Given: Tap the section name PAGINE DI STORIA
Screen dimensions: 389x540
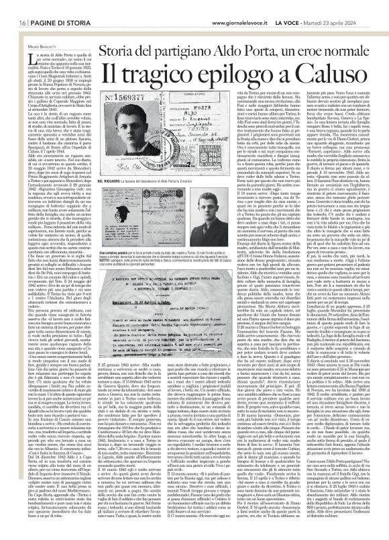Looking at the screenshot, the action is coord(47,5).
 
